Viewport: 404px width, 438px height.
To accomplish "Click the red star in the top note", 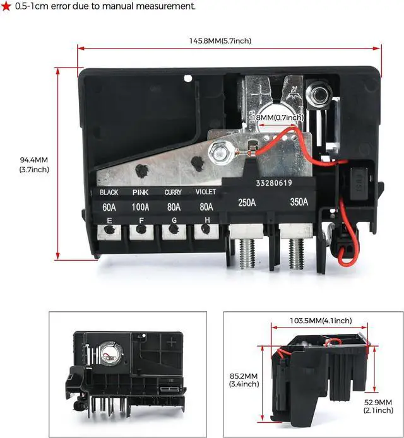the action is pyautogui.click(x=6, y=6).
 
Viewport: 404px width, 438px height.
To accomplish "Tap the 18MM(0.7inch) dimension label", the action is pyautogui.click(x=279, y=117).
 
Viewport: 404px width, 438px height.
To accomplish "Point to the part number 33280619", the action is pyautogui.click(x=274, y=184).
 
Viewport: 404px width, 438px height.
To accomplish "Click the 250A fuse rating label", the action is pyautogui.click(x=247, y=203).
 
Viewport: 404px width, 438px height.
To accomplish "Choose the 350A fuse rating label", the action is pyautogui.click(x=299, y=203).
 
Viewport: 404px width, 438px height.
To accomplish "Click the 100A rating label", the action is pyautogui.click(x=140, y=206).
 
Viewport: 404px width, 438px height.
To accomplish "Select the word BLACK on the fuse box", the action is pyautogui.click(x=109, y=192).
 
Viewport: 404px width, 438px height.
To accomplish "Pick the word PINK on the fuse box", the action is pyautogui.click(x=141, y=192).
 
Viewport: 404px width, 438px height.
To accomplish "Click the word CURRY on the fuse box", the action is pyautogui.click(x=173, y=192).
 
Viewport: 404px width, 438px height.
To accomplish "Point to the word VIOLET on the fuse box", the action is pyautogui.click(x=205, y=192).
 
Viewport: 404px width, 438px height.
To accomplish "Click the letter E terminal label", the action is pyautogui.click(x=109, y=220).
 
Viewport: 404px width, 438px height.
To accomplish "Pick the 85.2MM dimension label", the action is pyautogui.click(x=244, y=379).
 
